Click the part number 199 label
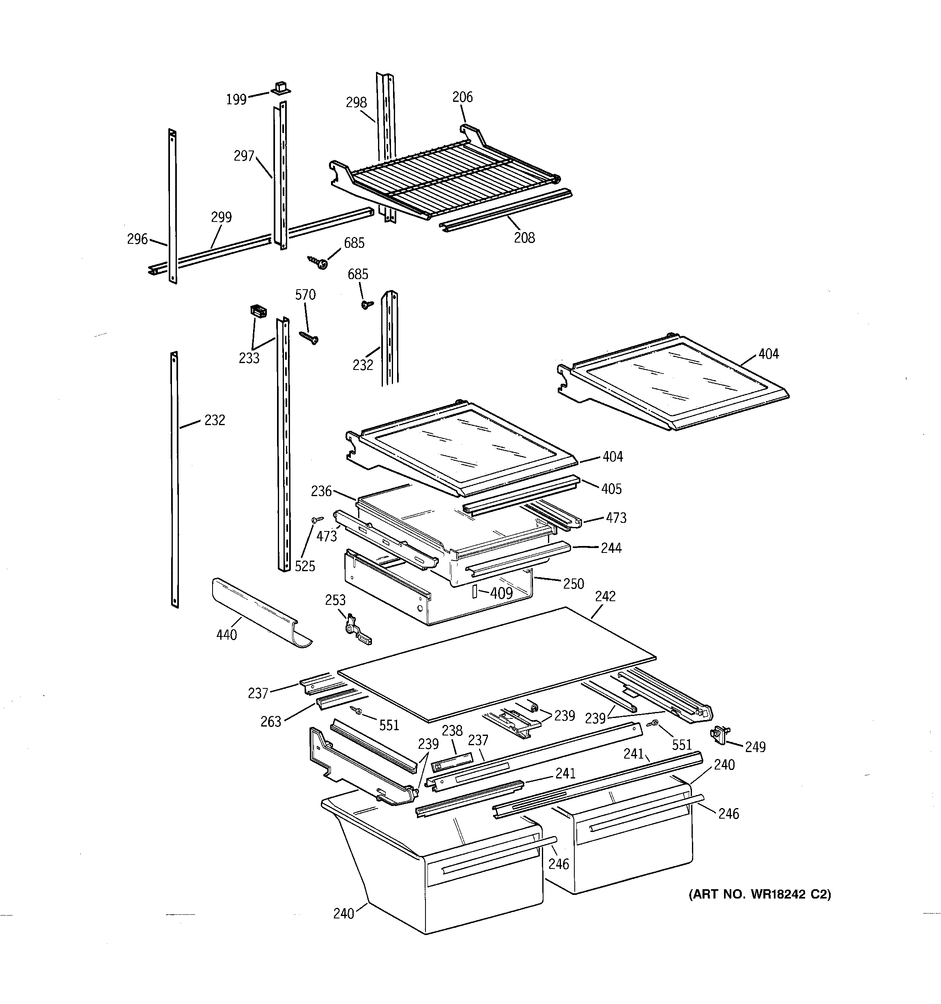[236, 99]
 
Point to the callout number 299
[221, 217]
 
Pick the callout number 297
[243, 156]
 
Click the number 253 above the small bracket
[335, 600]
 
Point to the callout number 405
[611, 489]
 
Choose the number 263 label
[271, 722]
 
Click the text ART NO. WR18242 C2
[760, 894]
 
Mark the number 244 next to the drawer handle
[611, 548]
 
